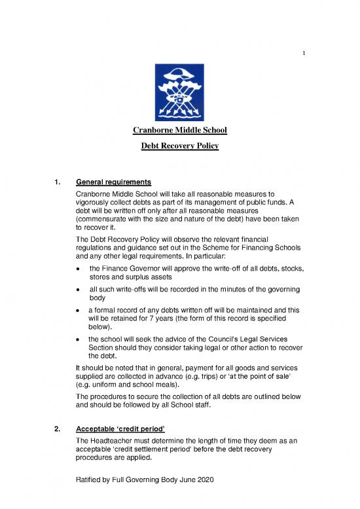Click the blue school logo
179,92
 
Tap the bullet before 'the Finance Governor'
79,286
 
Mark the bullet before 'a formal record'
79,331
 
